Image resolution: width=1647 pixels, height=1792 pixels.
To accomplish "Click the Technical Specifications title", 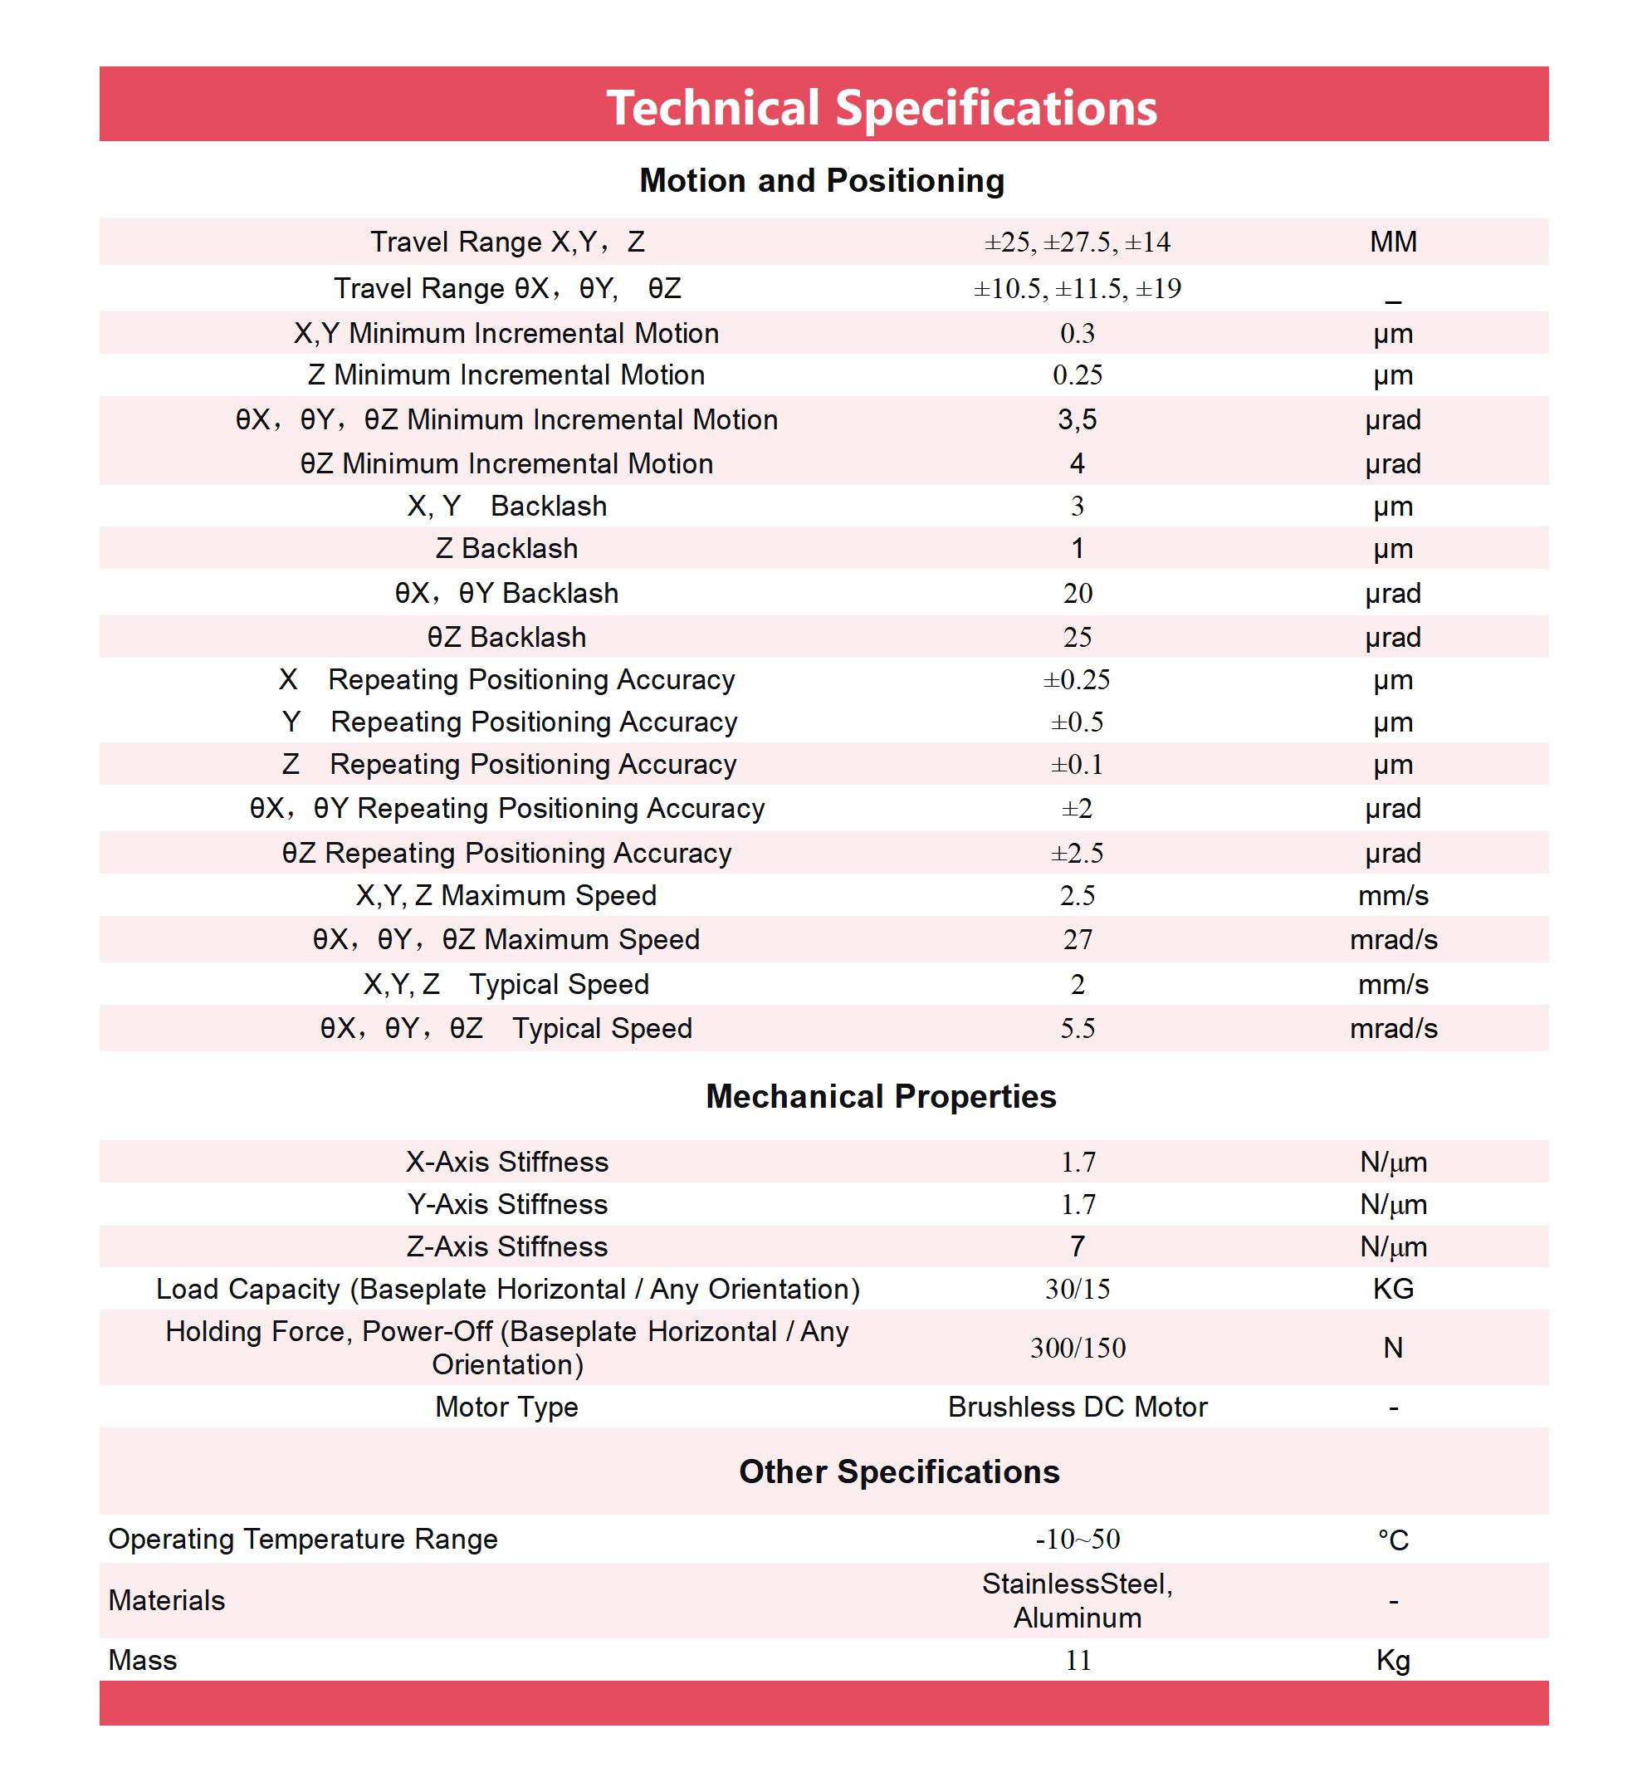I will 882,108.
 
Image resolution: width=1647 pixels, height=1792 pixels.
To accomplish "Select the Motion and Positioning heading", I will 822,180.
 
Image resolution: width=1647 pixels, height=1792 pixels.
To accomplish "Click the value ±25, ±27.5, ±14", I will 1077,242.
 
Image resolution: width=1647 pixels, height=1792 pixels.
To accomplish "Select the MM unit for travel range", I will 1393,242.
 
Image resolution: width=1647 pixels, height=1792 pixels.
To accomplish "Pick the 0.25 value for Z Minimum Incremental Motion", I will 1077,375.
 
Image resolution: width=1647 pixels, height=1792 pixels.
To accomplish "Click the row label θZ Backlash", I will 506,637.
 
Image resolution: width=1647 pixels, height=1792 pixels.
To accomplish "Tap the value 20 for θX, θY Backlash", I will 1077,593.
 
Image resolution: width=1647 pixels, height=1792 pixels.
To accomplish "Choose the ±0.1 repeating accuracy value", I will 1077,764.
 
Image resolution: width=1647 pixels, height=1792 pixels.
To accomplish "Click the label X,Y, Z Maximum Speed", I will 506,895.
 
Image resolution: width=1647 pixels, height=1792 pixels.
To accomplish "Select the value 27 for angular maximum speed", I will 1077,939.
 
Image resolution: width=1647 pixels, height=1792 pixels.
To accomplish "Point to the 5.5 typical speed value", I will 1077,1028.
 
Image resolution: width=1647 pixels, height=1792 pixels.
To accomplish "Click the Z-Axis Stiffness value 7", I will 1077,1246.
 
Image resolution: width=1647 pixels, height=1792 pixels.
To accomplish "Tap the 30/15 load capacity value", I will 1077,1288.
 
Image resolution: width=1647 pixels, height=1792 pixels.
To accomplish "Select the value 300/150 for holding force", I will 1077,1347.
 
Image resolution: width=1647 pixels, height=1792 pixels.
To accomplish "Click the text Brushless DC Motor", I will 1077,1406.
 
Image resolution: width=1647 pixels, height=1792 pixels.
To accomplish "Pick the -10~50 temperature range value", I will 1077,1539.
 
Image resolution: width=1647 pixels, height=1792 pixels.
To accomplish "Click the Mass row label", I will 143,1660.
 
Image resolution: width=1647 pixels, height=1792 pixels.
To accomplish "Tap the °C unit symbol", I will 1393,1540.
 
